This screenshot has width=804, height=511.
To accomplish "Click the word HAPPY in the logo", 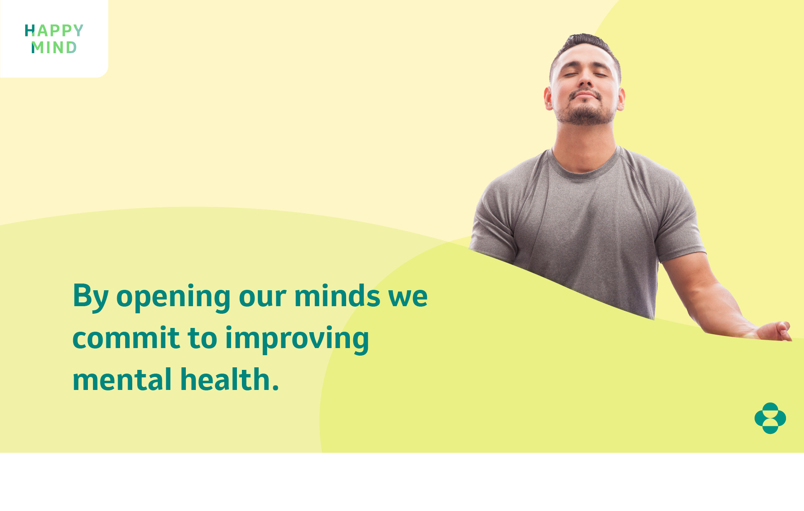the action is pos(54,31).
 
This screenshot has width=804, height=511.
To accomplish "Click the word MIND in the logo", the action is pos(54,47).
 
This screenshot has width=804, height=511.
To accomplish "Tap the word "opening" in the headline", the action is pos(173,297).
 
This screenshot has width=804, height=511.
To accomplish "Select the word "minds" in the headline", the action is pos(337,296).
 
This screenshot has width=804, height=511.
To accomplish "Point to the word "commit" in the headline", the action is pos(126,338).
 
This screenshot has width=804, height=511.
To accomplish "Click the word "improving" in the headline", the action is pos(297,339).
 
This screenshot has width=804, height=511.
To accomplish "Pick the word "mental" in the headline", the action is pos(122,379).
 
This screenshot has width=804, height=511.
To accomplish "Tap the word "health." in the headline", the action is pos(229,379).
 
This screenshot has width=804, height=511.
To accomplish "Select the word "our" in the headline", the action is pos(262,297).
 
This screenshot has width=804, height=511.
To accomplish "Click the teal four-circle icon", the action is pos(770,418).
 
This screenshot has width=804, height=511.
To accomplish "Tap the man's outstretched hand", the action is pos(774,331).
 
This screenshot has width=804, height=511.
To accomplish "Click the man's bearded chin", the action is pos(586,115).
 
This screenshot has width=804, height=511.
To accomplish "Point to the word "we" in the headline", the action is pos(408,297).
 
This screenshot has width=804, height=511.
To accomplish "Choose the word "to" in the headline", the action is pos(203,338).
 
